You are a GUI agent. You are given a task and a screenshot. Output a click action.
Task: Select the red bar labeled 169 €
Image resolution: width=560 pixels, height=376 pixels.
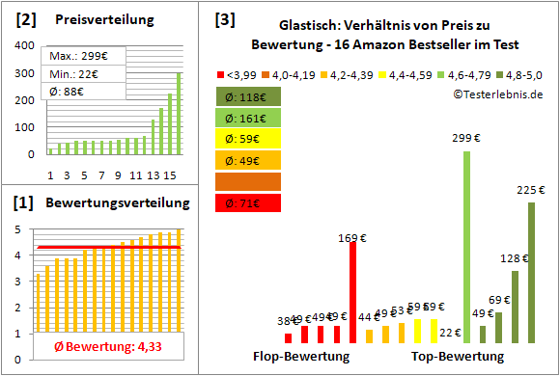click(x=353, y=292)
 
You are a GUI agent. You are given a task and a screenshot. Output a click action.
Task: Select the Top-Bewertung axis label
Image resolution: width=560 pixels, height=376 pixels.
click(x=458, y=356)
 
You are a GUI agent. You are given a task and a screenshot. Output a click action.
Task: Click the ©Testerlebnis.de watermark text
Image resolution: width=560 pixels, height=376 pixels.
click(x=495, y=94)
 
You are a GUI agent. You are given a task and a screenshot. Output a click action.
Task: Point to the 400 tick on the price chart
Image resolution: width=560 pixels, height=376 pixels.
click(x=20, y=45)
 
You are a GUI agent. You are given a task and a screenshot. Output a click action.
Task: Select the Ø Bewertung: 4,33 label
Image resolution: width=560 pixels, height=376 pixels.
click(x=99, y=345)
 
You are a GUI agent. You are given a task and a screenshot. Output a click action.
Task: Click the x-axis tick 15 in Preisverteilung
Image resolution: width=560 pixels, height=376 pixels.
click(x=170, y=175)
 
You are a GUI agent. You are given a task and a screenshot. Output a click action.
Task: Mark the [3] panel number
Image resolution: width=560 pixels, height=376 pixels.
click(x=224, y=18)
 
